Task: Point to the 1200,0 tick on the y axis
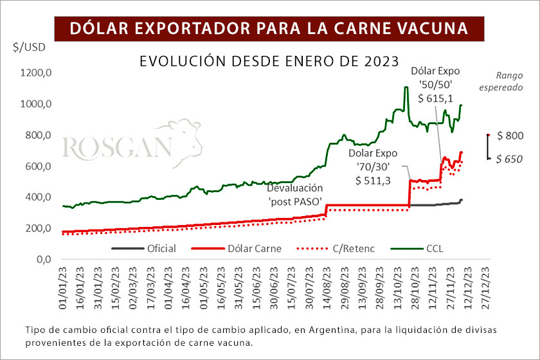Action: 36,73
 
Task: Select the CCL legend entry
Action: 435,248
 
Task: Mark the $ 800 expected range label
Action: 510,136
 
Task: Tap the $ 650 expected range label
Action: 510,159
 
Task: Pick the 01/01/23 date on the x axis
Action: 65,289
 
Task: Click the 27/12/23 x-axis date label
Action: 479,289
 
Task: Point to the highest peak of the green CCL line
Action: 406,87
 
